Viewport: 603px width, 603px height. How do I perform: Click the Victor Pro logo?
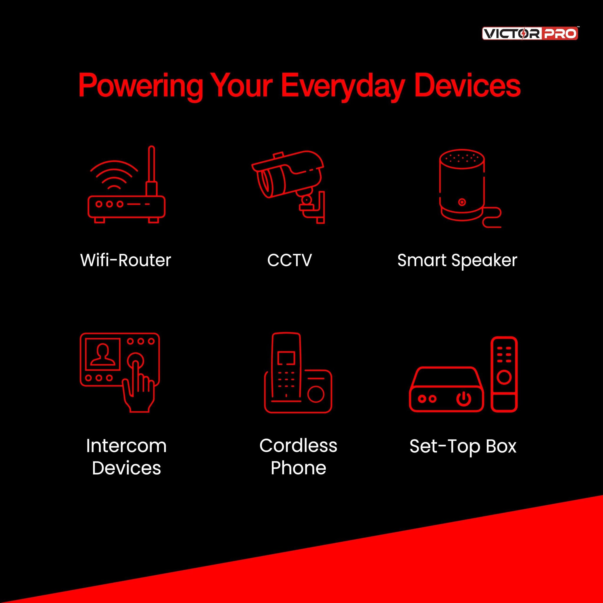click(530, 33)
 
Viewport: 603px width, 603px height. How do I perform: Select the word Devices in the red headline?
click(467, 85)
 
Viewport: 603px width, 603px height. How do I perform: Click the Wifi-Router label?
click(125, 260)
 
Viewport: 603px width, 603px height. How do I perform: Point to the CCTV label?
click(289, 260)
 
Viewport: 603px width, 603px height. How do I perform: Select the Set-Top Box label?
click(463, 446)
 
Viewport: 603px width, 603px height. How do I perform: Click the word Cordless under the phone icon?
click(298, 445)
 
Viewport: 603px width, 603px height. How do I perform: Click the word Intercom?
click(126, 446)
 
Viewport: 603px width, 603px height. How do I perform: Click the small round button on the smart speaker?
click(462, 202)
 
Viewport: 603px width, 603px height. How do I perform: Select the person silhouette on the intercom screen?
click(103, 354)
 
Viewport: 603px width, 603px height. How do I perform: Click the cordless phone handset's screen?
click(286, 358)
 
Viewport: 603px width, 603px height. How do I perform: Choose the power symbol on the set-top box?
click(464, 399)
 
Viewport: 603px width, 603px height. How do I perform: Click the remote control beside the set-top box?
click(504, 374)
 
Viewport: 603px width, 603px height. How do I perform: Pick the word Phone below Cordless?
click(298, 468)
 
